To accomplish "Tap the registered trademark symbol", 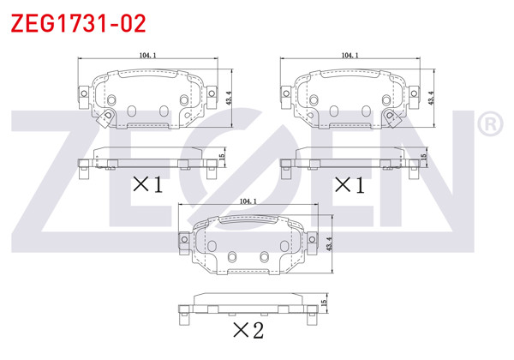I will click(x=489, y=125).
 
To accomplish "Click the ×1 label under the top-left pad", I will click(x=146, y=183).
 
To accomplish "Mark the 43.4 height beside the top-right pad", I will click(x=431, y=99).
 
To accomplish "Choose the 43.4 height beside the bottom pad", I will click(x=330, y=244).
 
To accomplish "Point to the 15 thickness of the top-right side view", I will click(x=424, y=158).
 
